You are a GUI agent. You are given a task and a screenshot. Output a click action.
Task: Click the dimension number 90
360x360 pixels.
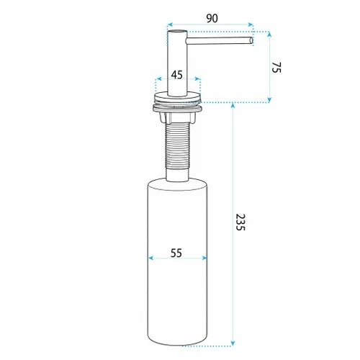(x=212, y=19)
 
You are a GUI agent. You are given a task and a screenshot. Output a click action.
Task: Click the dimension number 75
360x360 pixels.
(x=276, y=68)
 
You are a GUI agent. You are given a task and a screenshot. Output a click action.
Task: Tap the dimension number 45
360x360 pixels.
(x=177, y=75)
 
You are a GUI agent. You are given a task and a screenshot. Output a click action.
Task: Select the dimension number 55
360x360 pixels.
(x=176, y=253)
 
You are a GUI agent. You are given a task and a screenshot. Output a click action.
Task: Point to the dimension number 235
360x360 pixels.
(x=240, y=222)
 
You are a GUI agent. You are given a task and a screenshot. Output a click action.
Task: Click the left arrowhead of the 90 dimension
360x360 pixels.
(x=170, y=24)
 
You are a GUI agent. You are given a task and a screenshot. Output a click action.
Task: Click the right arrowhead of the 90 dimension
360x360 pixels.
(x=251, y=24)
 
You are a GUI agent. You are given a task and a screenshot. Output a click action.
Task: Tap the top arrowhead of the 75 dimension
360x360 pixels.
(x=269, y=34)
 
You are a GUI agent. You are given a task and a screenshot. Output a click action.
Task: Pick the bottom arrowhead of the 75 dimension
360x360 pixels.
(x=269, y=100)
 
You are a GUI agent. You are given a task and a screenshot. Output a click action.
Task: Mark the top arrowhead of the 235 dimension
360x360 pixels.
(x=233, y=105)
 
